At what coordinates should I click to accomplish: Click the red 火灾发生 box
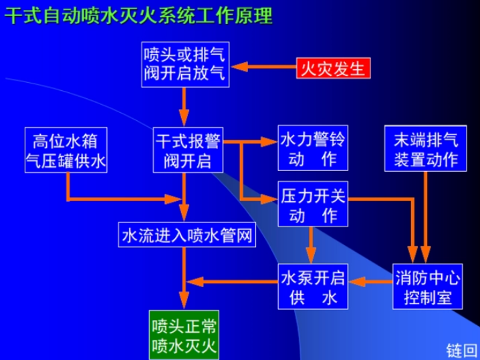point(332,67)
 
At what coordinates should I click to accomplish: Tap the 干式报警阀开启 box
point(188,151)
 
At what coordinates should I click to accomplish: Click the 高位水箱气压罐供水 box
point(66,151)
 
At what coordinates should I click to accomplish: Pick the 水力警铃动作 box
point(313,150)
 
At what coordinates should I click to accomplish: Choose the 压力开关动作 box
point(313,206)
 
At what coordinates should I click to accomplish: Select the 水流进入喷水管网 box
point(187,235)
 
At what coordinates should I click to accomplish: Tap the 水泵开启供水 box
point(313,285)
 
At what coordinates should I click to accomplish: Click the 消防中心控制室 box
point(427,285)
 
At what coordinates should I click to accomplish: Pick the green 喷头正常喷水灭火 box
point(184,335)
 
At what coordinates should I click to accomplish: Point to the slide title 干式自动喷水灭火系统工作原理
point(138,15)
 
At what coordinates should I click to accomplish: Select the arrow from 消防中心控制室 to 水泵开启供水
point(370,281)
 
